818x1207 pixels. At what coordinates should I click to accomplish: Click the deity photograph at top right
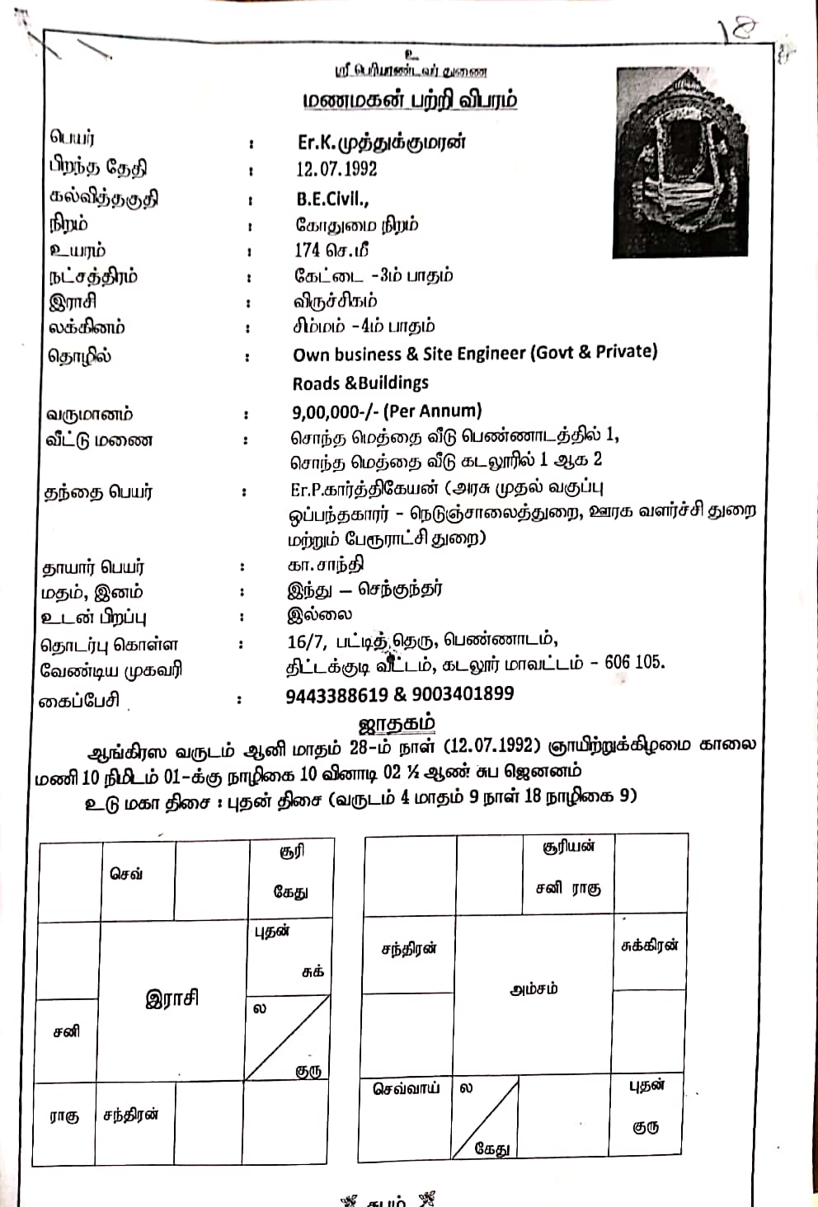681,162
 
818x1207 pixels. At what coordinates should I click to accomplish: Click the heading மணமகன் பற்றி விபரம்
410,101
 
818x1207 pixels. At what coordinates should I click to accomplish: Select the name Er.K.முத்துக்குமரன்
382,142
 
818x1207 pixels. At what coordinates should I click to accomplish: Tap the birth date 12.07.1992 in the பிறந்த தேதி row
336,169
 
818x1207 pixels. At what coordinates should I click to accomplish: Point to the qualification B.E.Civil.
332,199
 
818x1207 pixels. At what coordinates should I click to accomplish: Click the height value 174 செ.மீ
331,250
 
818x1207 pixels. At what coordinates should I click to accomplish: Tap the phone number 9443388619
336,694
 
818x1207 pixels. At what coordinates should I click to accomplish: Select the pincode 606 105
634,662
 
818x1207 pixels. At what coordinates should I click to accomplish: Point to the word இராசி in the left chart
172,998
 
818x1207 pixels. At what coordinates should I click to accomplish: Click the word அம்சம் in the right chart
533,988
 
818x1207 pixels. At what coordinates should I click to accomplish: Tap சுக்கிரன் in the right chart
649,946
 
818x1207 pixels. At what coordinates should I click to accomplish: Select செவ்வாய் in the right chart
406,1088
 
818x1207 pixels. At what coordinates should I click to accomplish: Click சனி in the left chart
66,1031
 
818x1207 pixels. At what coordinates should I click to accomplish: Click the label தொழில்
79,357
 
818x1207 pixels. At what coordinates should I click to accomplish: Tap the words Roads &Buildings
360,383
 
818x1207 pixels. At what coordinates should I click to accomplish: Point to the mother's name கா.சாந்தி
325,565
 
